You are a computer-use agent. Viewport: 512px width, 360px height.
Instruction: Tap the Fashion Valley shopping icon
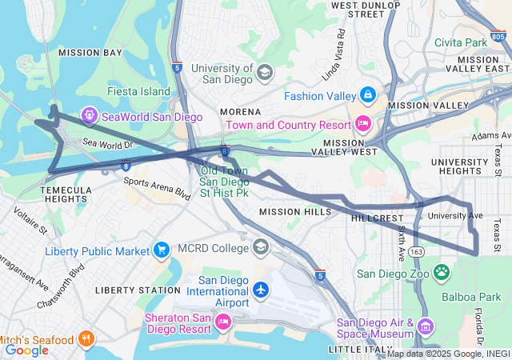point(367,96)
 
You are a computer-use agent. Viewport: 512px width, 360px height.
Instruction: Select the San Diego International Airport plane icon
point(262,289)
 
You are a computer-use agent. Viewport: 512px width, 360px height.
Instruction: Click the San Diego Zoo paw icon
point(442,273)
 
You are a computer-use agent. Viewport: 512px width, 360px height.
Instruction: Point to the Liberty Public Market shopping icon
point(162,251)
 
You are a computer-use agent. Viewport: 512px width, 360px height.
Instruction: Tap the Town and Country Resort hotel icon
point(362,124)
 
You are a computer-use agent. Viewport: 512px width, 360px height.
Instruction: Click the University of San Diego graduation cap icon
point(264,74)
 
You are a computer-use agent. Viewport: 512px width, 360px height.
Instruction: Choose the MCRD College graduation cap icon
point(261,247)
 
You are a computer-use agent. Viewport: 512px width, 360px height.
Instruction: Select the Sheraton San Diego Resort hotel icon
point(223,322)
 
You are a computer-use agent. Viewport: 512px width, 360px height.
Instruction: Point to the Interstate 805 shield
point(498,36)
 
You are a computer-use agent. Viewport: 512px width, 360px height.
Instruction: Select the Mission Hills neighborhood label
point(294,212)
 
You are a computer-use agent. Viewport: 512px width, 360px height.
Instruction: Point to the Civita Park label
point(461,42)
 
